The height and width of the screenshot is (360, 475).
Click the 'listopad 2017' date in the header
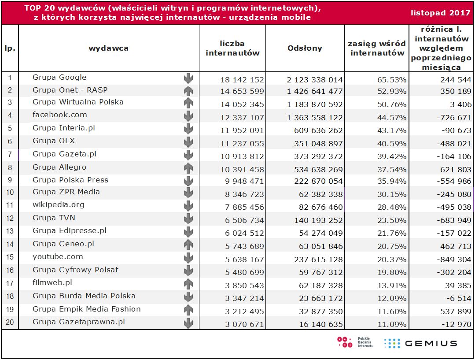click(441, 13)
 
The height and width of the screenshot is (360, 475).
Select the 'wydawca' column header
click(108, 48)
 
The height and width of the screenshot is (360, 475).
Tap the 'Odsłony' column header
click(305, 48)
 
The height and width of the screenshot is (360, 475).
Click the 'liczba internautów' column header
click(232, 48)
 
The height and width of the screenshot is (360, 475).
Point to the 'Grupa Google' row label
click(59, 78)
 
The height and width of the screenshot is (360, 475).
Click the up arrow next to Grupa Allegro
click(188, 167)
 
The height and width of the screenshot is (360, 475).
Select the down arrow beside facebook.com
click(188, 116)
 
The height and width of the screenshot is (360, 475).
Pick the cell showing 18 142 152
click(242, 80)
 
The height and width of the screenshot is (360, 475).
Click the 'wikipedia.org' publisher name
click(59, 205)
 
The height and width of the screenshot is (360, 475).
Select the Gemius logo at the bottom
click(420, 343)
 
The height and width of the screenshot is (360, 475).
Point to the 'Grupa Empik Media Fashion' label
click(87, 309)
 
